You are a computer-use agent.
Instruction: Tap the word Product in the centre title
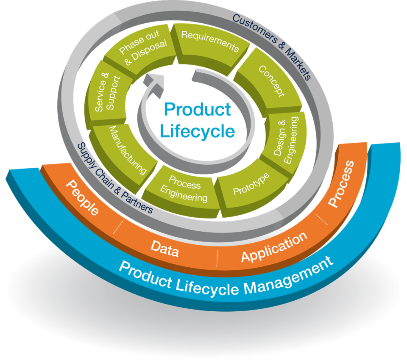pyautogui.click(x=198, y=109)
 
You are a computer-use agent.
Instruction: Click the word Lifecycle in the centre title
pyautogui.click(x=198, y=131)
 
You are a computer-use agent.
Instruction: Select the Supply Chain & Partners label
pyautogui.click(x=114, y=178)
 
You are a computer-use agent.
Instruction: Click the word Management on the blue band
pyautogui.click(x=288, y=275)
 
